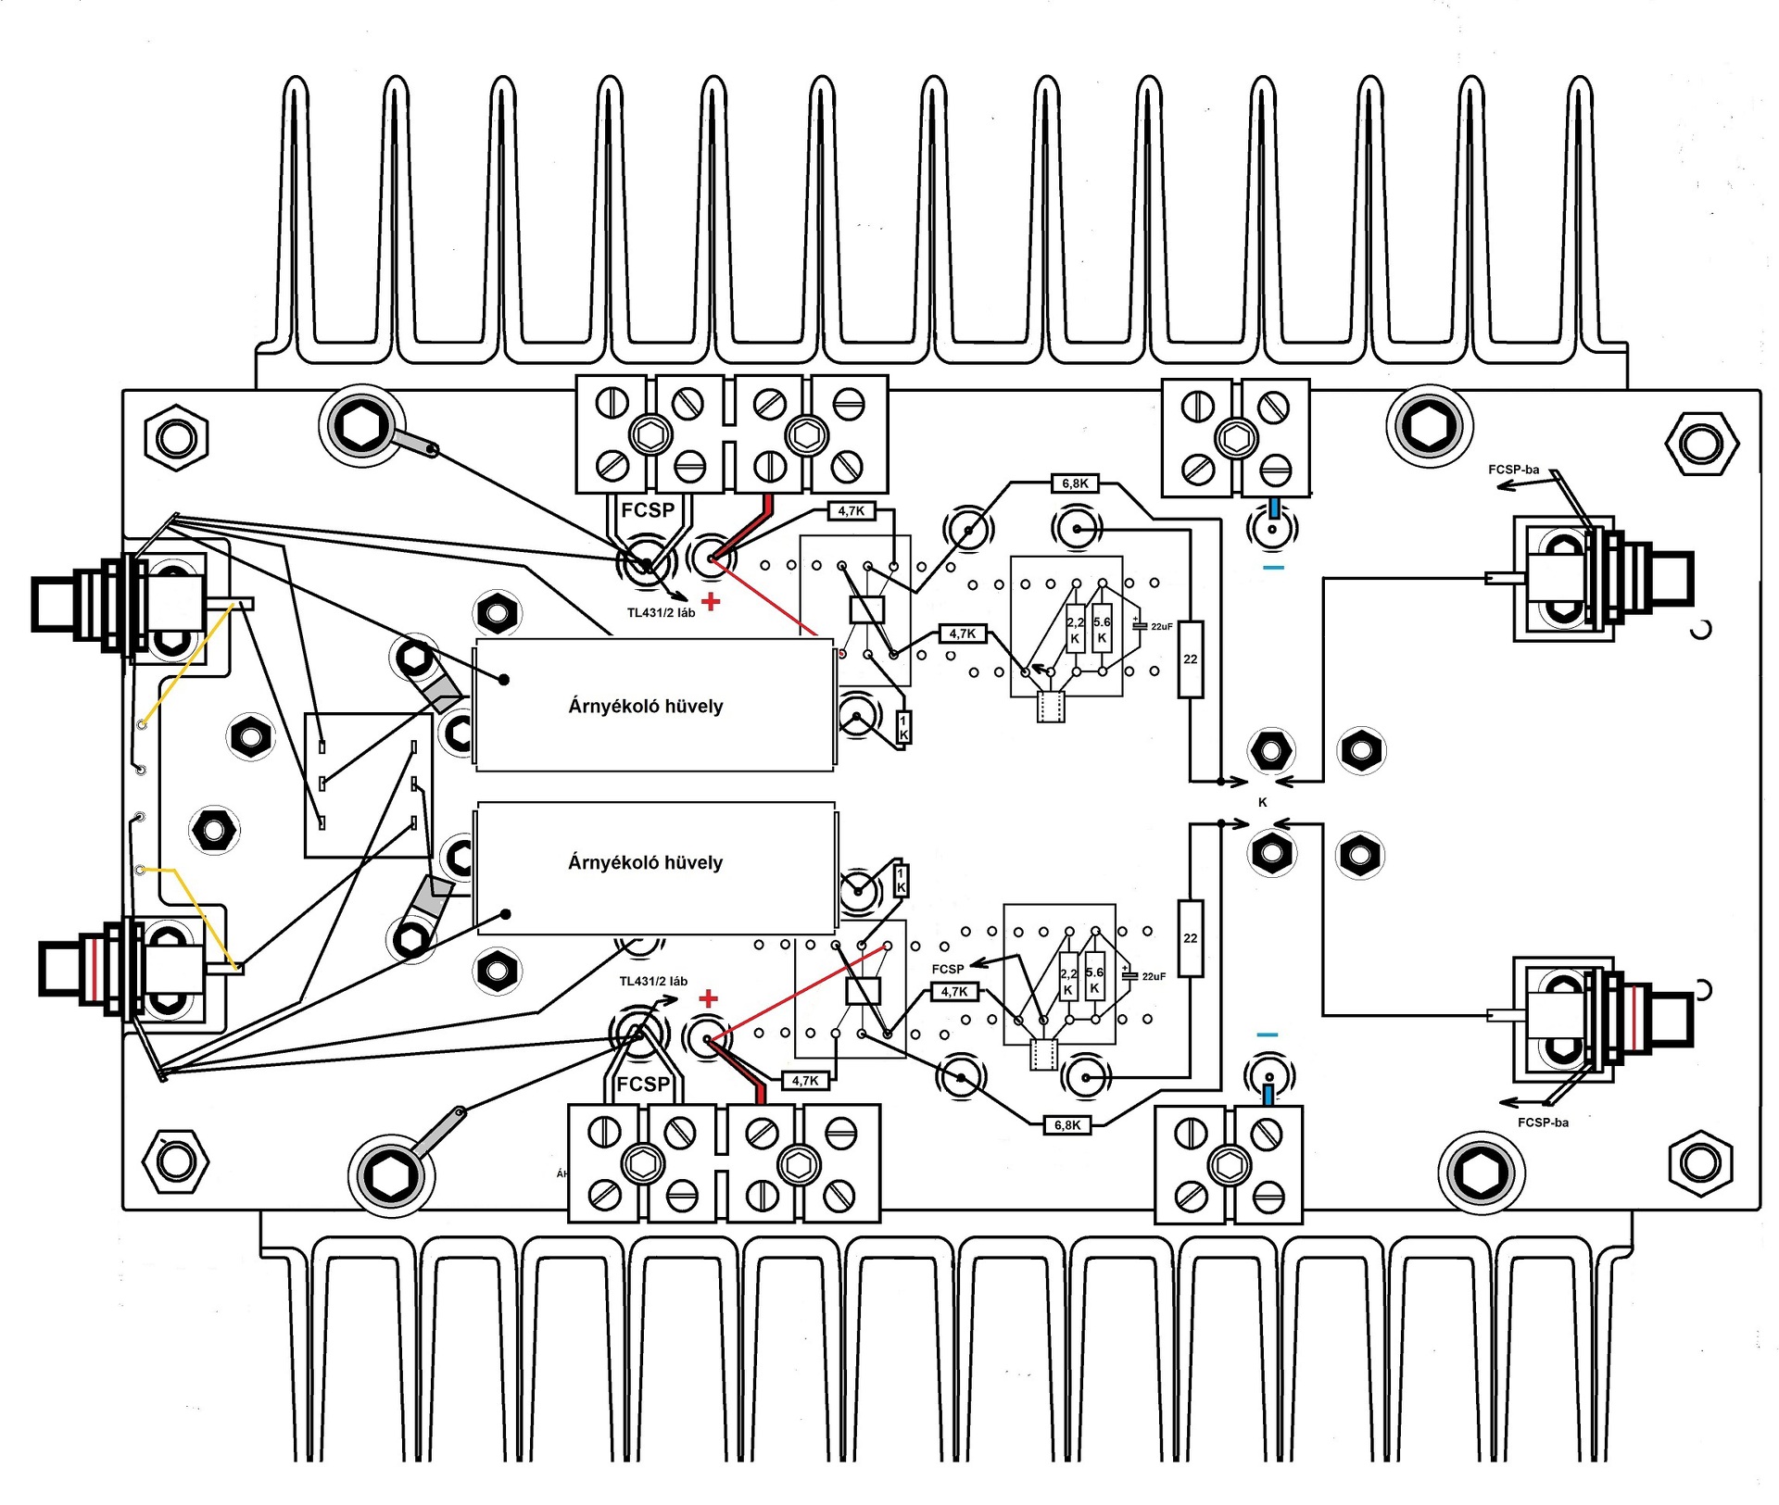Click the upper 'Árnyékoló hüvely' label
[x=645, y=706]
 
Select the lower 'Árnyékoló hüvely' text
[x=645, y=862]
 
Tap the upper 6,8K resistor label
[x=1075, y=483]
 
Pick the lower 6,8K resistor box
[x=1067, y=1125]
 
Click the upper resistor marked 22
[x=1191, y=659]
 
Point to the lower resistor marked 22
[x=1191, y=938]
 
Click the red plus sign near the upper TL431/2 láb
[x=711, y=602]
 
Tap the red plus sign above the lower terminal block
[x=709, y=998]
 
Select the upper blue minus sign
[x=1274, y=567]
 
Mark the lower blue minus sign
[x=1268, y=1035]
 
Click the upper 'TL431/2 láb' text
[x=661, y=613]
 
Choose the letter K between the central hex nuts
[x=1262, y=802]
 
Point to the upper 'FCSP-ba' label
[x=1513, y=470]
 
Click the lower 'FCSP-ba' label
[x=1543, y=1122]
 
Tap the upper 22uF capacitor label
[x=1161, y=627]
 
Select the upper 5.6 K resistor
[x=1102, y=630]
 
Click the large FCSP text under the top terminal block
[x=648, y=510]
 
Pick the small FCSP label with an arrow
[x=947, y=969]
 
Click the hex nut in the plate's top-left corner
[x=176, y=437]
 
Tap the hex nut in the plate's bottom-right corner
[x=1700, y=1163]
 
